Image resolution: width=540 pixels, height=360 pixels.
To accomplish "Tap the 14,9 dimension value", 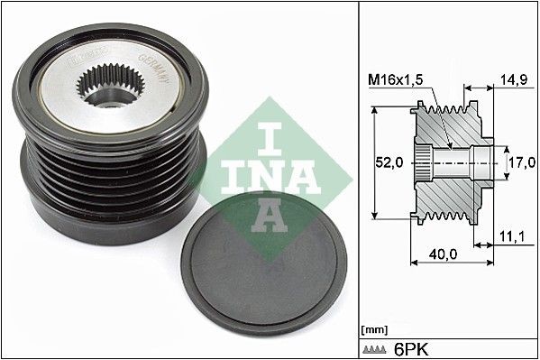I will click(513, 80).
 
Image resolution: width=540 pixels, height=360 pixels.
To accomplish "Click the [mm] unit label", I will click(372, 330).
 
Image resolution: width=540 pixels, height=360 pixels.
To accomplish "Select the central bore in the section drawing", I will click(460, 163).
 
